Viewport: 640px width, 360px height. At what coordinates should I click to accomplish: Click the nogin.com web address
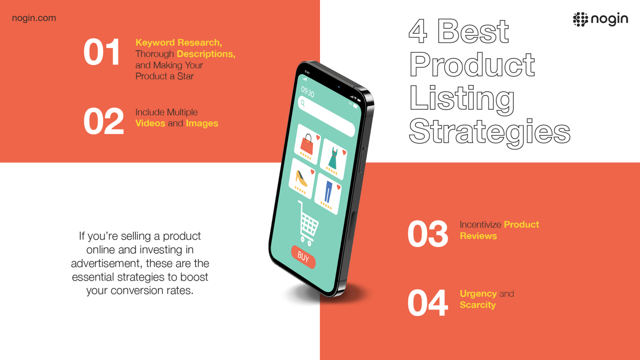point(34,18)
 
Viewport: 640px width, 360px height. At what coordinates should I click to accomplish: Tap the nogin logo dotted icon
point(580,20)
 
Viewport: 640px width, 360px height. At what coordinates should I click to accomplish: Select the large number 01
point(102,52)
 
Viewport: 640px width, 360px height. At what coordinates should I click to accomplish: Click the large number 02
point(104,121)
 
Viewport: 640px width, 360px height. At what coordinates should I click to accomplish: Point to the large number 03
point(428,234)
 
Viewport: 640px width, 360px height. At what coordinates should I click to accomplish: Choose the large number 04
point(428,302)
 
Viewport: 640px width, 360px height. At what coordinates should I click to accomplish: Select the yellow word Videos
point(150,123)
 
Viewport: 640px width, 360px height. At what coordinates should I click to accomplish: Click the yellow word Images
point(202,124)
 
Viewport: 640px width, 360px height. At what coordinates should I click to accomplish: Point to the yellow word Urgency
point(478,294)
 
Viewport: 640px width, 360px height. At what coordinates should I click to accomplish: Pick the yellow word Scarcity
point(478,305)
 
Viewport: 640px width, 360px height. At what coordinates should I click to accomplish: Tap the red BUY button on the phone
point(303,257)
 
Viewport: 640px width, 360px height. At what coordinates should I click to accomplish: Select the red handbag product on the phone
point(307,144)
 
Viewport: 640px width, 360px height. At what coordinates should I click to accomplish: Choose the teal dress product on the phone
point(333,158)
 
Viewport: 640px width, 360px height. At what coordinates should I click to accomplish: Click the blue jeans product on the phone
point(328,191)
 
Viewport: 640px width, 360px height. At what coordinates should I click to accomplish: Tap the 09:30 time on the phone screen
point(307,92)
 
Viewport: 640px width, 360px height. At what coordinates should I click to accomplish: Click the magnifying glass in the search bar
point(303,103)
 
